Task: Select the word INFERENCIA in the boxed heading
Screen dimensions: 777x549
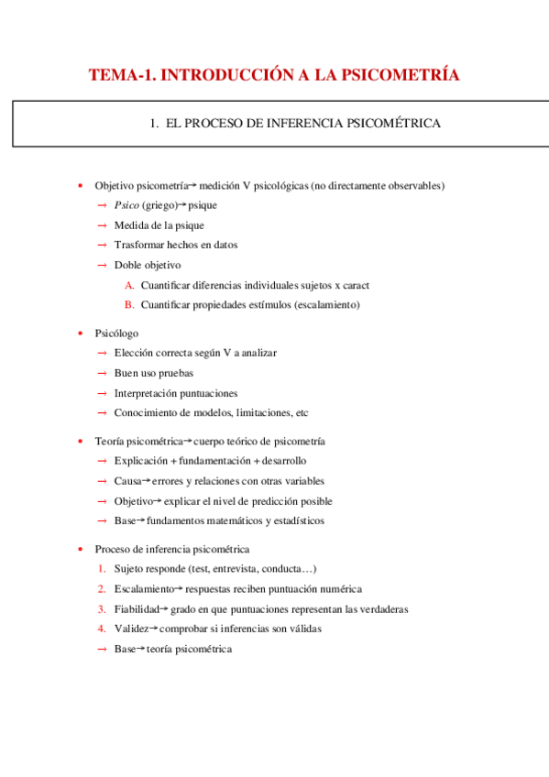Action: [293, 123]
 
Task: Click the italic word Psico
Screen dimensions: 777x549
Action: [126, 205]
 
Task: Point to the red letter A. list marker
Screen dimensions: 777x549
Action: [129, 285]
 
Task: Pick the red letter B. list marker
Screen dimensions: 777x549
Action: [129, 304]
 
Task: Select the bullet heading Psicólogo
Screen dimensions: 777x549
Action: [116, 333]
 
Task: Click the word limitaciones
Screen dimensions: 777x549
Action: [258, 412]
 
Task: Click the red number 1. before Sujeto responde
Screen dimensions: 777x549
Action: [103, 569]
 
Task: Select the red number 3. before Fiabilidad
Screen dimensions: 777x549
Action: [103, 609]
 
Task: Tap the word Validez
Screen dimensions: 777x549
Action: [130, 629]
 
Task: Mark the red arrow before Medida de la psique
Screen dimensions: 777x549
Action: [102, 225]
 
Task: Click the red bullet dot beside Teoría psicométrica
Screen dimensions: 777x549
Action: [81, 441]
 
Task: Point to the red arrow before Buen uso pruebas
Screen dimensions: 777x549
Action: [102, 373]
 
